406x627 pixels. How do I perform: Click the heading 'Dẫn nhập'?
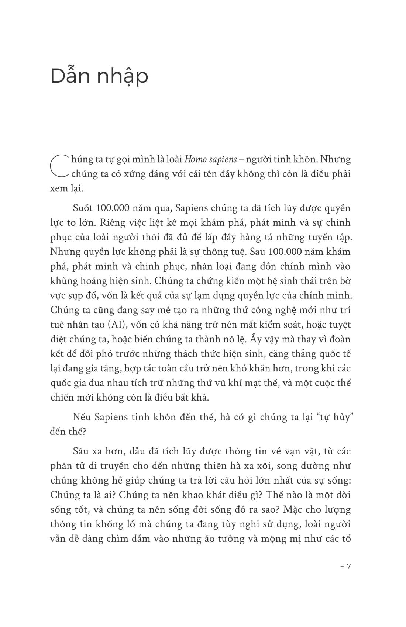[x=99, y=76]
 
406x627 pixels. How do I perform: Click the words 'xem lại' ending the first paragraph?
[x=67, y=188]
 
